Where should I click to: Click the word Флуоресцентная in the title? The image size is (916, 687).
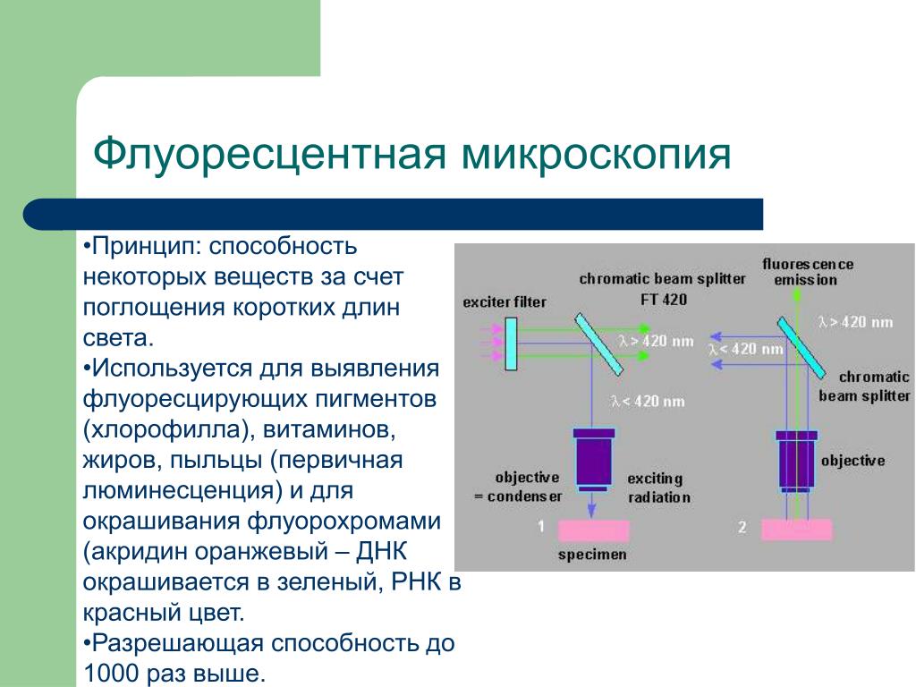[x=269, y=154]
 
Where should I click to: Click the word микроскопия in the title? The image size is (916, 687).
[x=597, y=154]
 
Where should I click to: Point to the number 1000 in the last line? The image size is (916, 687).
[x=112, y=672]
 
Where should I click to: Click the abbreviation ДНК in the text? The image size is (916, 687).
[x=381, y=551]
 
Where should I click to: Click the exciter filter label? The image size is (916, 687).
[x=505, y=302]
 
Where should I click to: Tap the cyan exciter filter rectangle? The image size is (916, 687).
[x=511, y=343]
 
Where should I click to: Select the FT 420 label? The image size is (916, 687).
[x=664, y=300]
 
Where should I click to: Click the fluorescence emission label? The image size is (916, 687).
[x=808, y=272]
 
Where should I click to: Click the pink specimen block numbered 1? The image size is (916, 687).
[x=594, y=531]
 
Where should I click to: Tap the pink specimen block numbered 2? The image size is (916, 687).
[x=797, y=530]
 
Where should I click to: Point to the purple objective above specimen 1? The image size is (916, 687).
[x=594, y=460]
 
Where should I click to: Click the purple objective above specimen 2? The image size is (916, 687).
[x=796, y=462]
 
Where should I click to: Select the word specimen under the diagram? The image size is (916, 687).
[x=592, y=555]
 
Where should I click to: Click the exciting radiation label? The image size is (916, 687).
[x=658, y=488]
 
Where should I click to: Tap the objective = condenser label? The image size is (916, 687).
[x=518, y=488]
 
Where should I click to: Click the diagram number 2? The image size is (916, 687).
[x=742, y=527]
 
